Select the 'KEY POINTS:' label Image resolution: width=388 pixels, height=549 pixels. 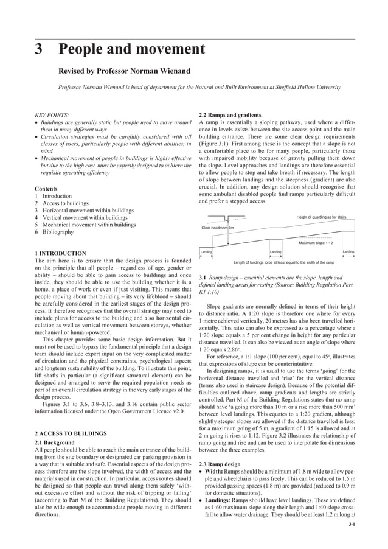(52, 114)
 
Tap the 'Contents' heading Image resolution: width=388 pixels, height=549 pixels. (47, 188)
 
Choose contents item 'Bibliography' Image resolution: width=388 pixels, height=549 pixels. (59, 232)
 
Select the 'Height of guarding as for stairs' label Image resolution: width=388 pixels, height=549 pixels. (321, 217)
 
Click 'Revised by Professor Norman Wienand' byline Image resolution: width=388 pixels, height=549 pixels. (124, 71)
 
